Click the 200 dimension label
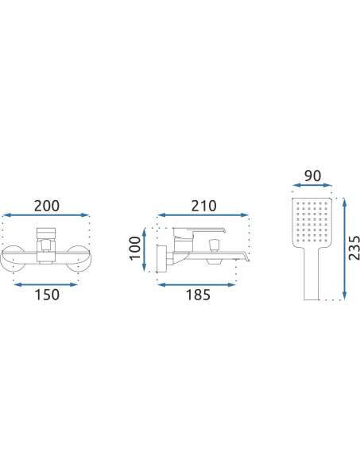pos(47,206)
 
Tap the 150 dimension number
pos(47,295)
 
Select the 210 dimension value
pos(203,206)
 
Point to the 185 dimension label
pos(198,295)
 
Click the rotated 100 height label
pos(134,248)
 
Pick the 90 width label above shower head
pos(312,176)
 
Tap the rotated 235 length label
pos(354,248)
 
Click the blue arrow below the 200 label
pos(46,215)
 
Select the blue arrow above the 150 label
pos(45,284)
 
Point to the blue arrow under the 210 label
pos(203,214)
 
